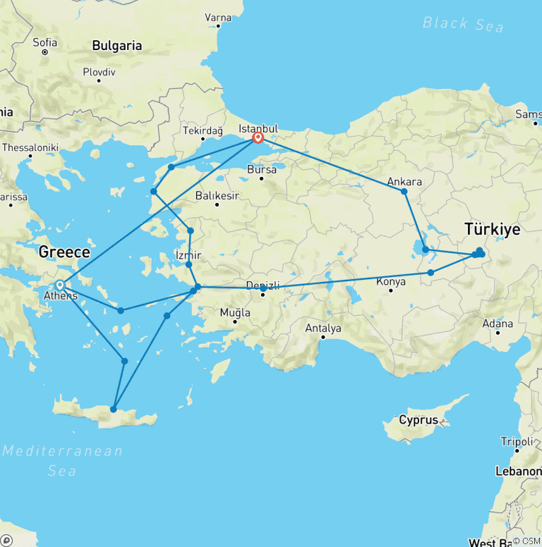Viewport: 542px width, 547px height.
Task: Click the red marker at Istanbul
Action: [258, 138]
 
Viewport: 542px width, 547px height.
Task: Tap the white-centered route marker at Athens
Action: [60, 285]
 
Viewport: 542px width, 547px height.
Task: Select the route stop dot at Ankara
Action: [404, 191]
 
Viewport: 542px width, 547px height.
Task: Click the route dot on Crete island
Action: [113, 409]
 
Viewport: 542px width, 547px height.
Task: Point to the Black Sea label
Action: [463, 24]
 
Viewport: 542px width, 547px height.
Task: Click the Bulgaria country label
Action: [116, 46]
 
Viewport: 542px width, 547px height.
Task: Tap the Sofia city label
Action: [44, 42]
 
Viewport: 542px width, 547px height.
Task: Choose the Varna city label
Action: [218, 17]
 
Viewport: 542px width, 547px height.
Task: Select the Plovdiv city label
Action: [99, 72]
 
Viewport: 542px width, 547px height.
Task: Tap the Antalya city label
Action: [323, 328]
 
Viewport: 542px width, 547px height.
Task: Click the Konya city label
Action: [391, 282]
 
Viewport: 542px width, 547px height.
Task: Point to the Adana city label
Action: [498, 325]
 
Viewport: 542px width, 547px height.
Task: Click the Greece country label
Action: [64, 252]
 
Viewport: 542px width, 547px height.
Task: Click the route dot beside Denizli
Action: [263, 288]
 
